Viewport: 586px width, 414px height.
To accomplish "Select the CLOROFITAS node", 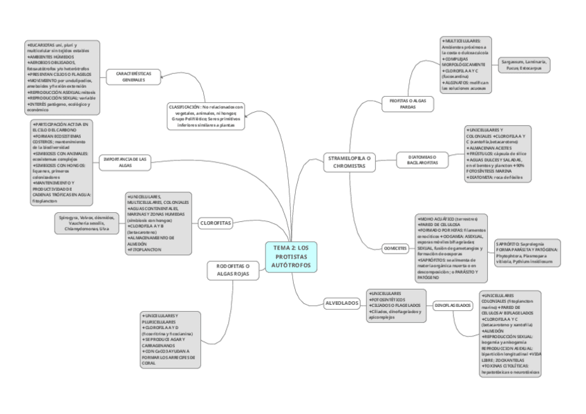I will click(x=216, y=223).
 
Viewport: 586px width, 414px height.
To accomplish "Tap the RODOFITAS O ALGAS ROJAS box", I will click(x=233, y=270).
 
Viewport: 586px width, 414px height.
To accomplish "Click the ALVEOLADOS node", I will click(x=342, y=303).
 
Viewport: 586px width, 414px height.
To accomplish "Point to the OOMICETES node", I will click(x=395, y=249).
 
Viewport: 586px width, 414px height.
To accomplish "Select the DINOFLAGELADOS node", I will click(x=453, y=305).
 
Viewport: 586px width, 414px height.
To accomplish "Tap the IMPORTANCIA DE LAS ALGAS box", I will click(x=125, y=162).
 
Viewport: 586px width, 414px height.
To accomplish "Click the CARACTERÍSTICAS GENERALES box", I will click(x=133, y=76).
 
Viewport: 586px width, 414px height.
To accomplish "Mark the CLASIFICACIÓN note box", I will click(x=206, y=115).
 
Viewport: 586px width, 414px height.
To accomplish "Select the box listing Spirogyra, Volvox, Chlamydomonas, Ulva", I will click(x=89, y=223).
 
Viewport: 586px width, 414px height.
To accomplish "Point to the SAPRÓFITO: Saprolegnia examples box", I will click(x=529, y=254).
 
